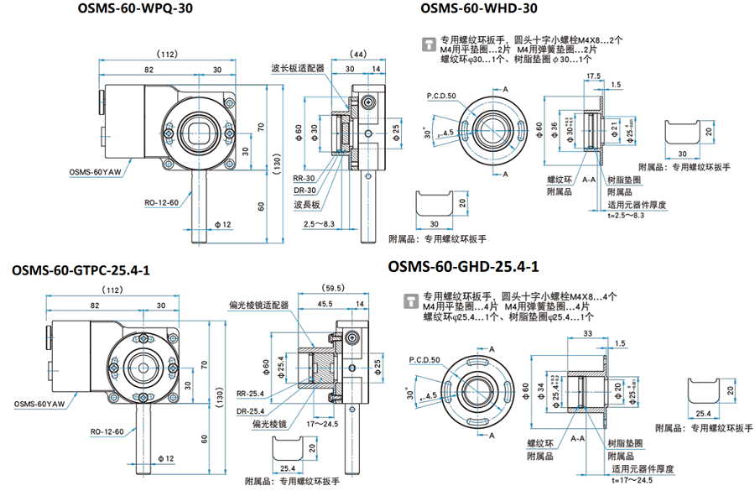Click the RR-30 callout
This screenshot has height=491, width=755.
coord(303,179)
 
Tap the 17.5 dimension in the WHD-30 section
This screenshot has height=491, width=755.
coord(594,76)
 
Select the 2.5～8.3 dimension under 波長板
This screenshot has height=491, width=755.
coord(319,224)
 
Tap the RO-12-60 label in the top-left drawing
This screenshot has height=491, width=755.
coord(158,202)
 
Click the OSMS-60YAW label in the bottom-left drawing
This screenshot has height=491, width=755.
coord(40,404)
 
